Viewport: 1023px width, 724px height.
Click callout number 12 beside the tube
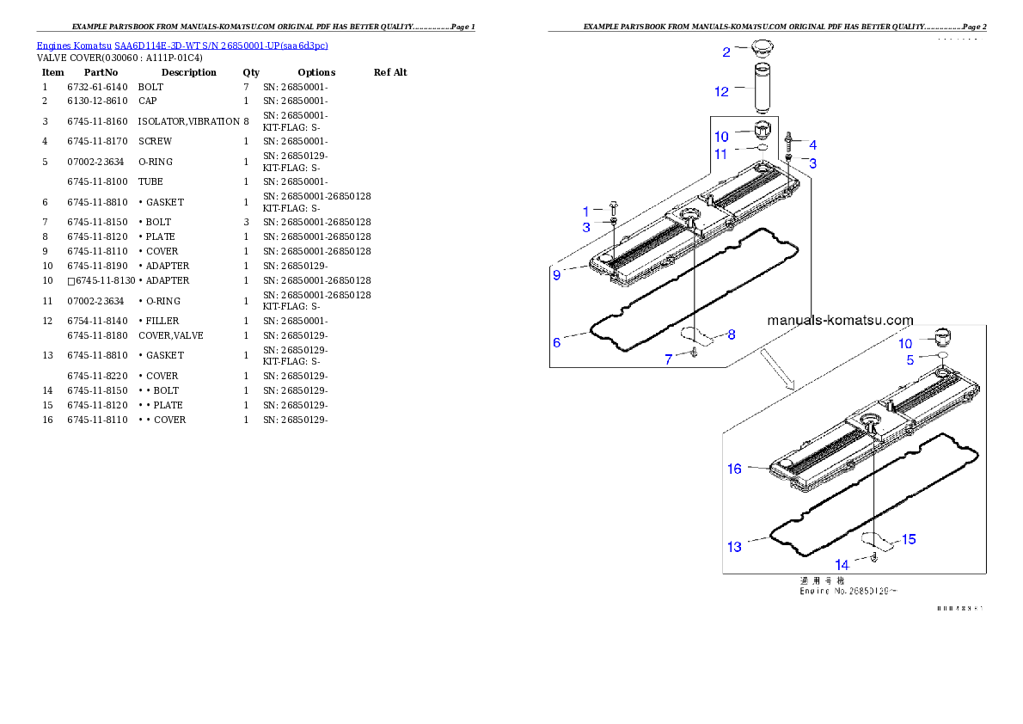coord(721,91)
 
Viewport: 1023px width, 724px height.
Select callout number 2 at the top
coord(726,52)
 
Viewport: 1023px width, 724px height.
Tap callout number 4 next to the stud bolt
coord(812,145)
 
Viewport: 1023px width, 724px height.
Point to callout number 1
coord(586,211)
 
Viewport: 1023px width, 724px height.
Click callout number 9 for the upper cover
coord(557,275)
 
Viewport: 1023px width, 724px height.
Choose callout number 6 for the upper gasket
coord(557,342)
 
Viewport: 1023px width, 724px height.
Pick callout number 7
coord(669,359)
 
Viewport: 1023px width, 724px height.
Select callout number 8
coord(732,334)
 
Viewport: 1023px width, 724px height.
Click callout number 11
coord(721,154)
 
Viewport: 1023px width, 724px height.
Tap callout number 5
coord(910,360)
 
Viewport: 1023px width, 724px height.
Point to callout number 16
coord(734,469)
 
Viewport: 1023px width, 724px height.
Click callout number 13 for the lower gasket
coord(734,546)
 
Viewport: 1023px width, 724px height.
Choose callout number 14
coord(842,565)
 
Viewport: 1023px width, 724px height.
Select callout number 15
coord(909,539)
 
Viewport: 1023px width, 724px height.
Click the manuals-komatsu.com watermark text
coord(840,320)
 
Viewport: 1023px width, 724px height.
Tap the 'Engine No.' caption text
coord(842,591)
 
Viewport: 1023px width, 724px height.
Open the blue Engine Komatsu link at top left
coord(182,45)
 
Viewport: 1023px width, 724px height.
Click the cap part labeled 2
coord(761,48)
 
